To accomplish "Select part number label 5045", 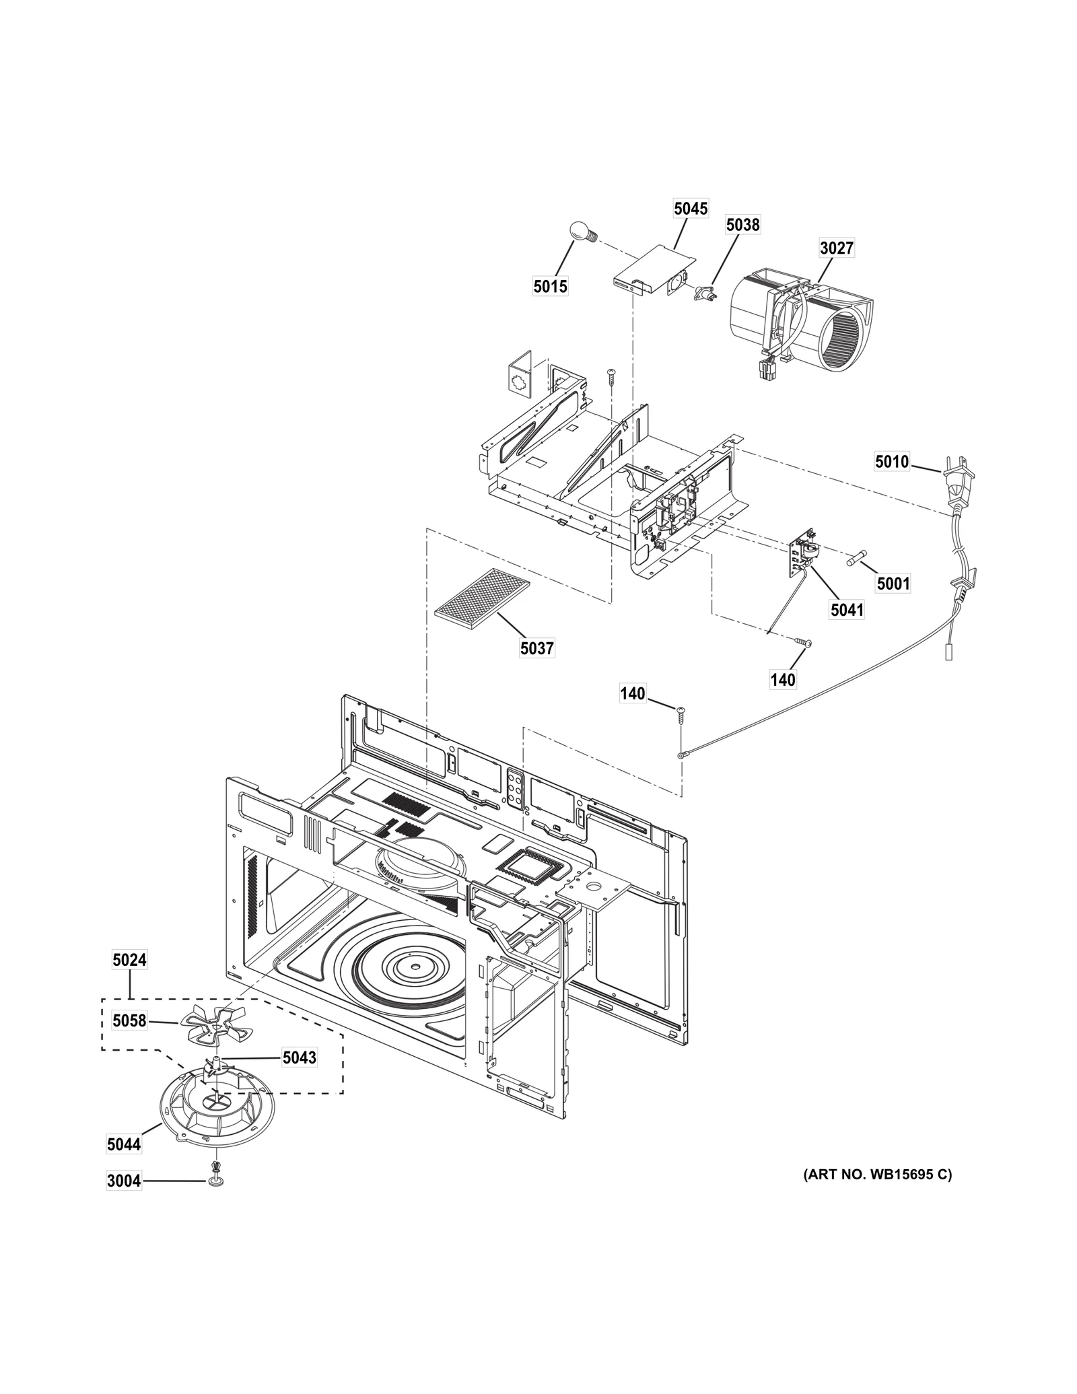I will (x=691, y=209).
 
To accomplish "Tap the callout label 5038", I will (x=742, y=225).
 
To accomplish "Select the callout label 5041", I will (x=847, y=611).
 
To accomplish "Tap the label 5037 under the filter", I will (x=536, y=648).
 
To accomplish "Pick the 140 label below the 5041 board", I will (x=783, y=680).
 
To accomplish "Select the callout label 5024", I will (x=129, y=961).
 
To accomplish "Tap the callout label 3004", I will (x=124, y=1181).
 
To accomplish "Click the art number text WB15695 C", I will (x=877, y=1175).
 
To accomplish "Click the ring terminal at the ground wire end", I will (x=683, y=755).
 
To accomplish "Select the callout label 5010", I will (x=892, y=462).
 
